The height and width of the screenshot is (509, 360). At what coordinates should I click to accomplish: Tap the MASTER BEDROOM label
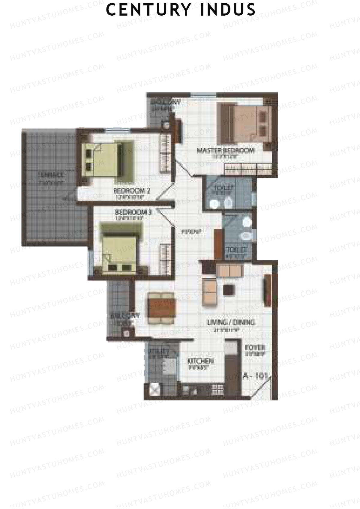pos(225,150)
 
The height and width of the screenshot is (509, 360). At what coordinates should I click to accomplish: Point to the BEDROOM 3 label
pos(134,213)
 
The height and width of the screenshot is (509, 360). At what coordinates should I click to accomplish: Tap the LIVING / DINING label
pos(231,323)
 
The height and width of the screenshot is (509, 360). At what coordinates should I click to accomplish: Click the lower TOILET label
pos(237,249)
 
